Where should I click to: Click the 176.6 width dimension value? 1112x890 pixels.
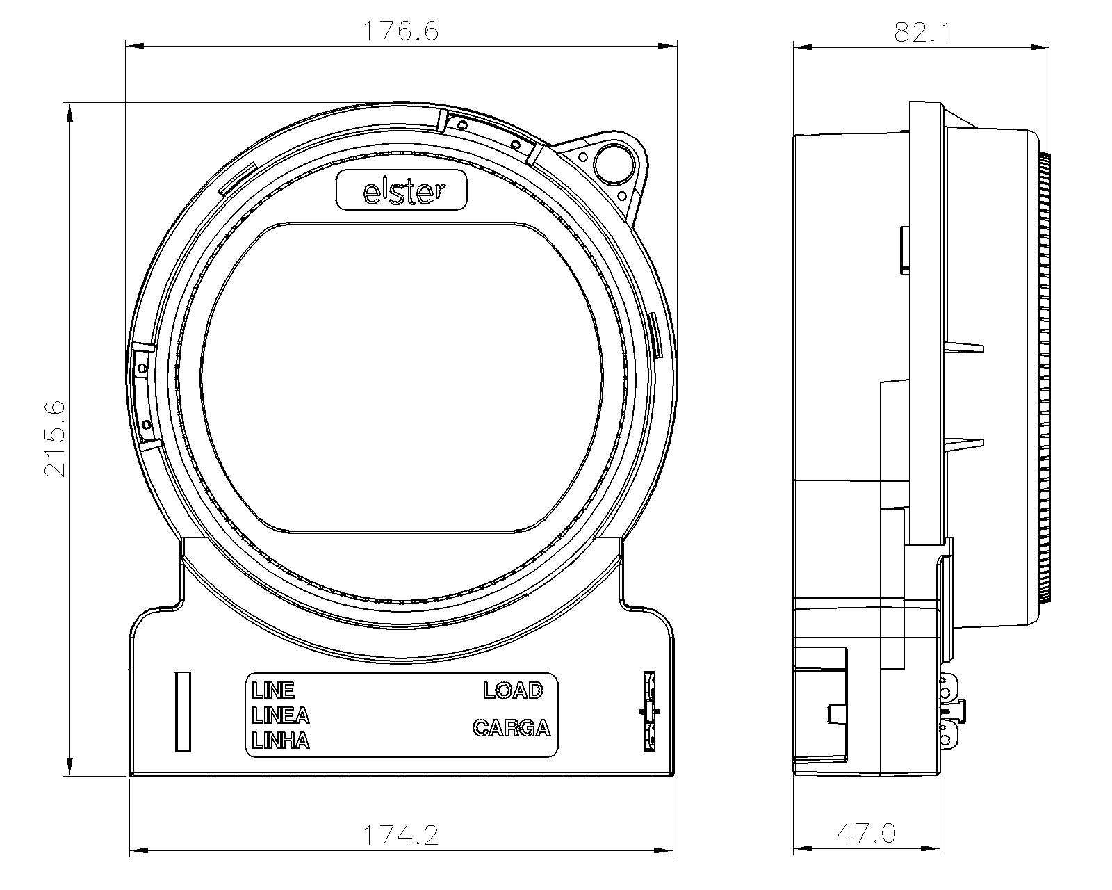coord(401,31)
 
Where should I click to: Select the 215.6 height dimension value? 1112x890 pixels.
coord(55,438)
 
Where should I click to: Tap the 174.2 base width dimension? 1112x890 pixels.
coord(401,835)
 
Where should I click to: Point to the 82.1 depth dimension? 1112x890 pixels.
coord(922,32)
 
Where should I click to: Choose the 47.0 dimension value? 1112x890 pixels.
coord(867,833)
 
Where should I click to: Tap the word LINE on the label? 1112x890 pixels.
coord(273,690)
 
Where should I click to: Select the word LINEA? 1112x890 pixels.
coord(281,715)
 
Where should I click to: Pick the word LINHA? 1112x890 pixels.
coord(281,741)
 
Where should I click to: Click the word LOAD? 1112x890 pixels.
coord(513,690)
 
